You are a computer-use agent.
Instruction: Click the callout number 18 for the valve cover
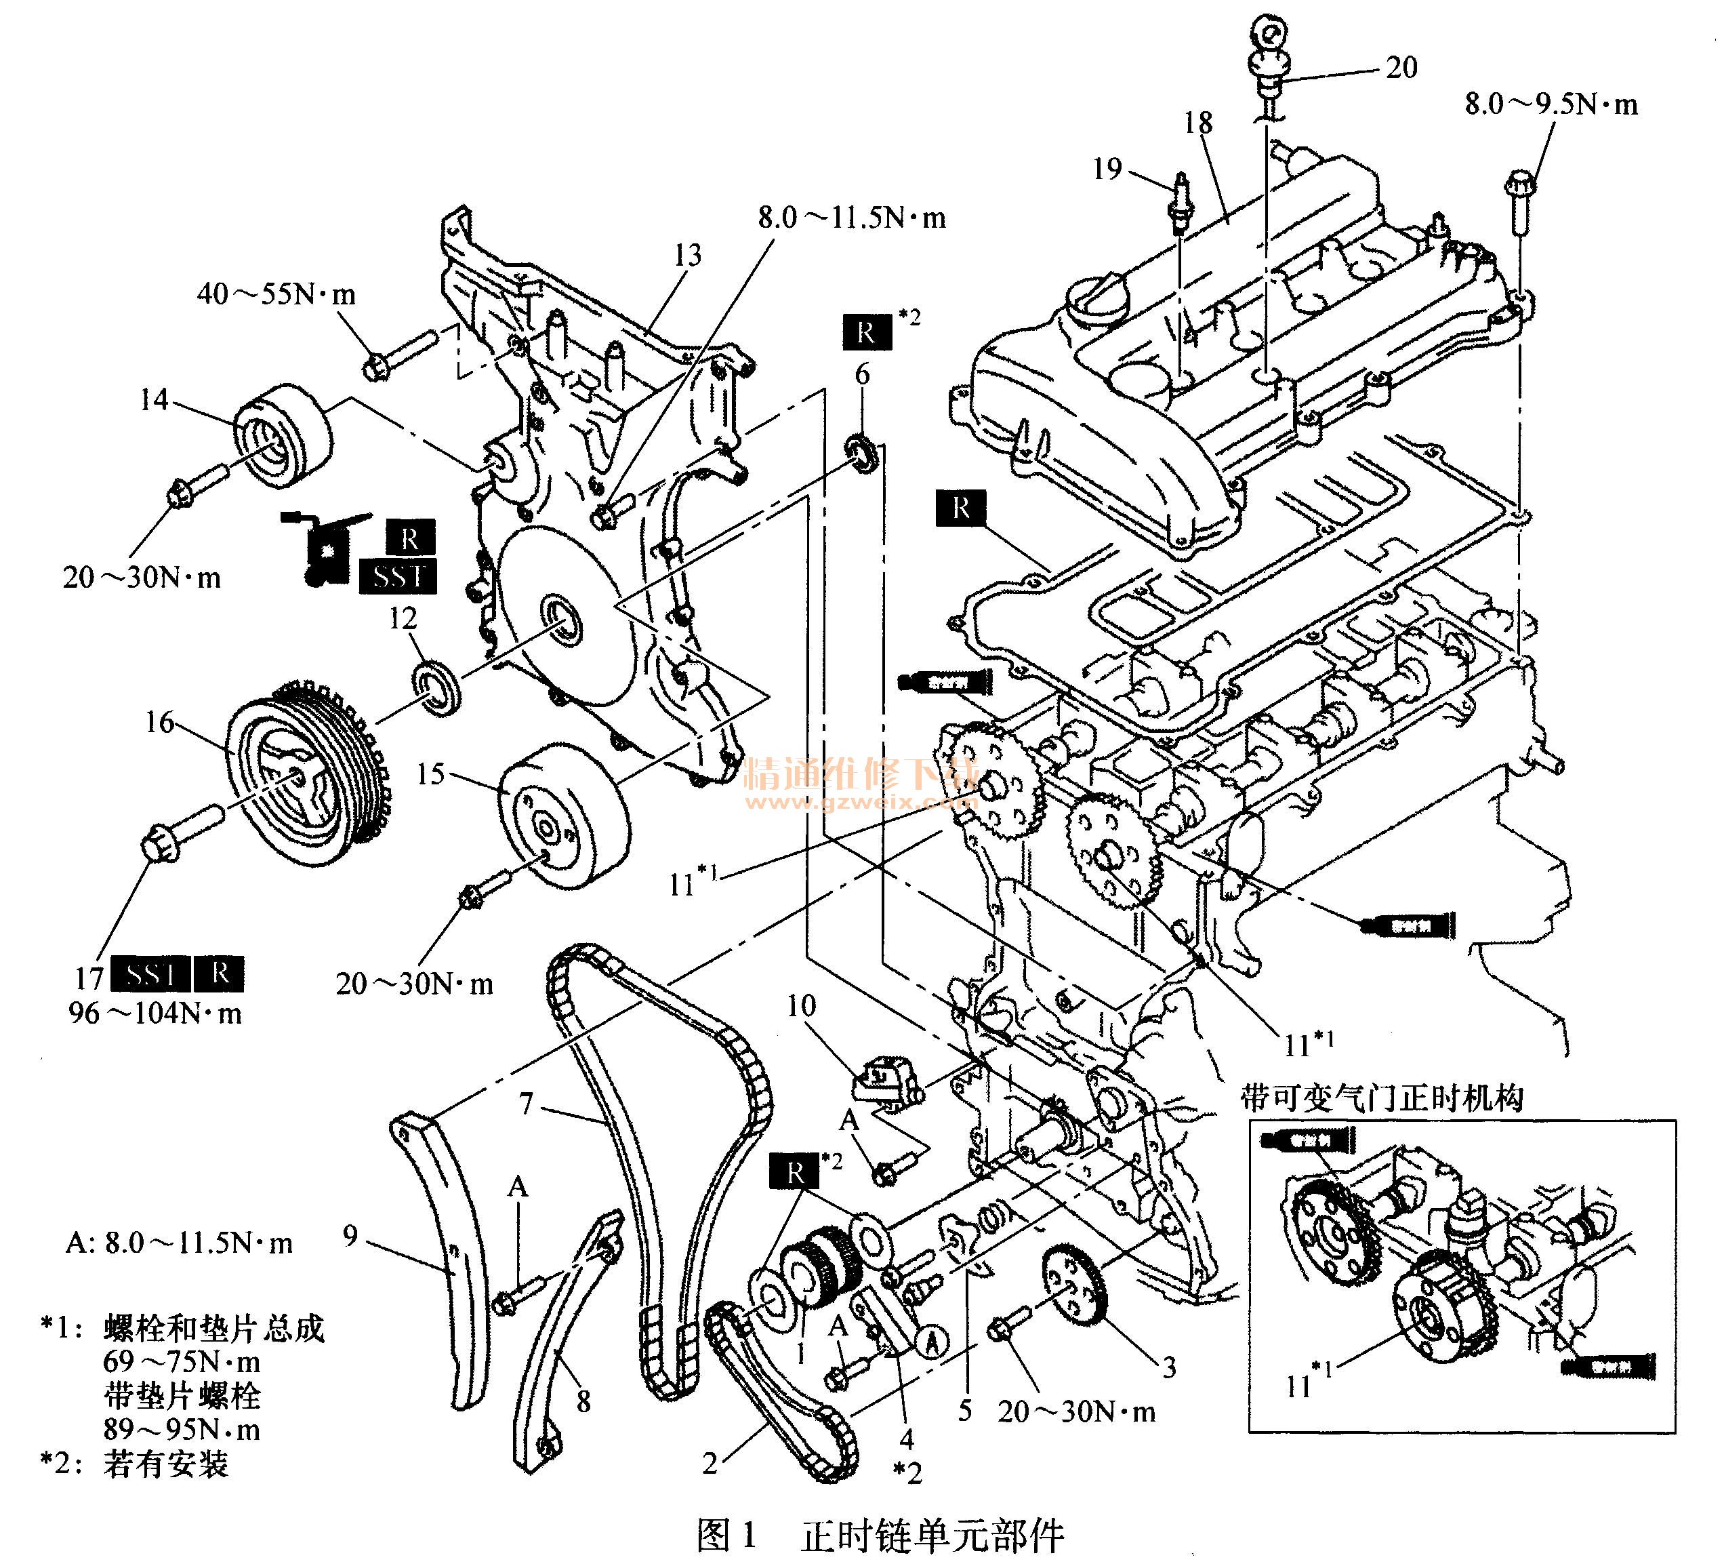pyautogui.click(x=1198, y=123)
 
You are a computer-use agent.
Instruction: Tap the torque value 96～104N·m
pyautogui.click(x=155, y=1014)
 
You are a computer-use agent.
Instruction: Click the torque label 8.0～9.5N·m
pyautogui.click(x=1551, y=104)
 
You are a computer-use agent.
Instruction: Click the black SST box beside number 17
pyautogui.click(x=150, y=975)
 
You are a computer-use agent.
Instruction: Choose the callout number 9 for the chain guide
pyautogui.click(x=350, y=1236)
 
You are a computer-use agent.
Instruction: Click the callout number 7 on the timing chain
pyautogui.click(x=526, y=1104)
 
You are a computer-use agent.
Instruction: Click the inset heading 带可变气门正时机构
pyautogui.click(x=1381, y=1099)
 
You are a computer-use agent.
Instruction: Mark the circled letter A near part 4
pyautogui.click(x=933, y=1340)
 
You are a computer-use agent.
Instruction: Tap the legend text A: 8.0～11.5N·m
pyautogui.click(x=179, y=1243)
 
